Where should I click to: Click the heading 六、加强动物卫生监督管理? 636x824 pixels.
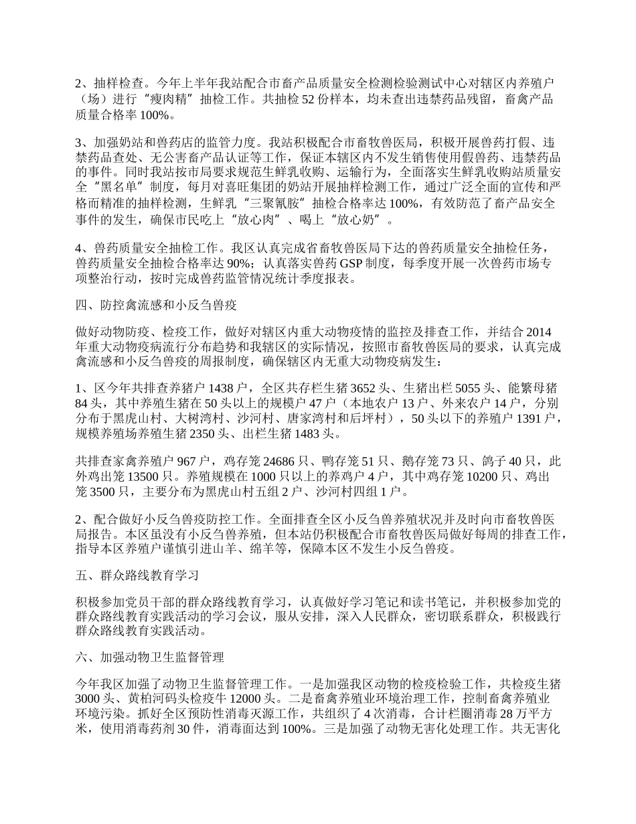[149, 657]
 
